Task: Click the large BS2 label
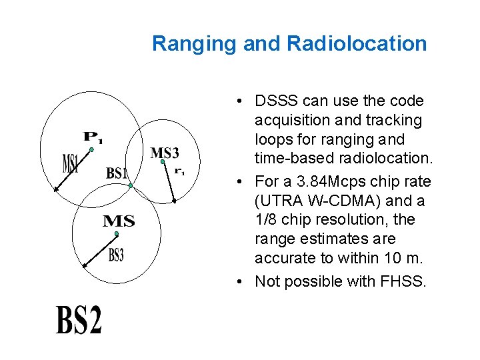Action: click(79, 319)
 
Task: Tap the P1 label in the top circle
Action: click(93, 138)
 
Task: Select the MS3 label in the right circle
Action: click(165, 153)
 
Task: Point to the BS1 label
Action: click(117, 173)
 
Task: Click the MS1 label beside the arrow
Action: click(70, 163)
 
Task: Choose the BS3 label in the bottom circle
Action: click(116, 254)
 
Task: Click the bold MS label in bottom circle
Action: click(119, 221)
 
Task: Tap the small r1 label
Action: click(179, 171)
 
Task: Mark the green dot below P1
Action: click(91, 150)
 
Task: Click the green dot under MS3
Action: click(162, 161)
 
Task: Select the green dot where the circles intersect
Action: click(131, 185)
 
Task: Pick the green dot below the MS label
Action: click(116, 233)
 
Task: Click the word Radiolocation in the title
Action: click(357, 44)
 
